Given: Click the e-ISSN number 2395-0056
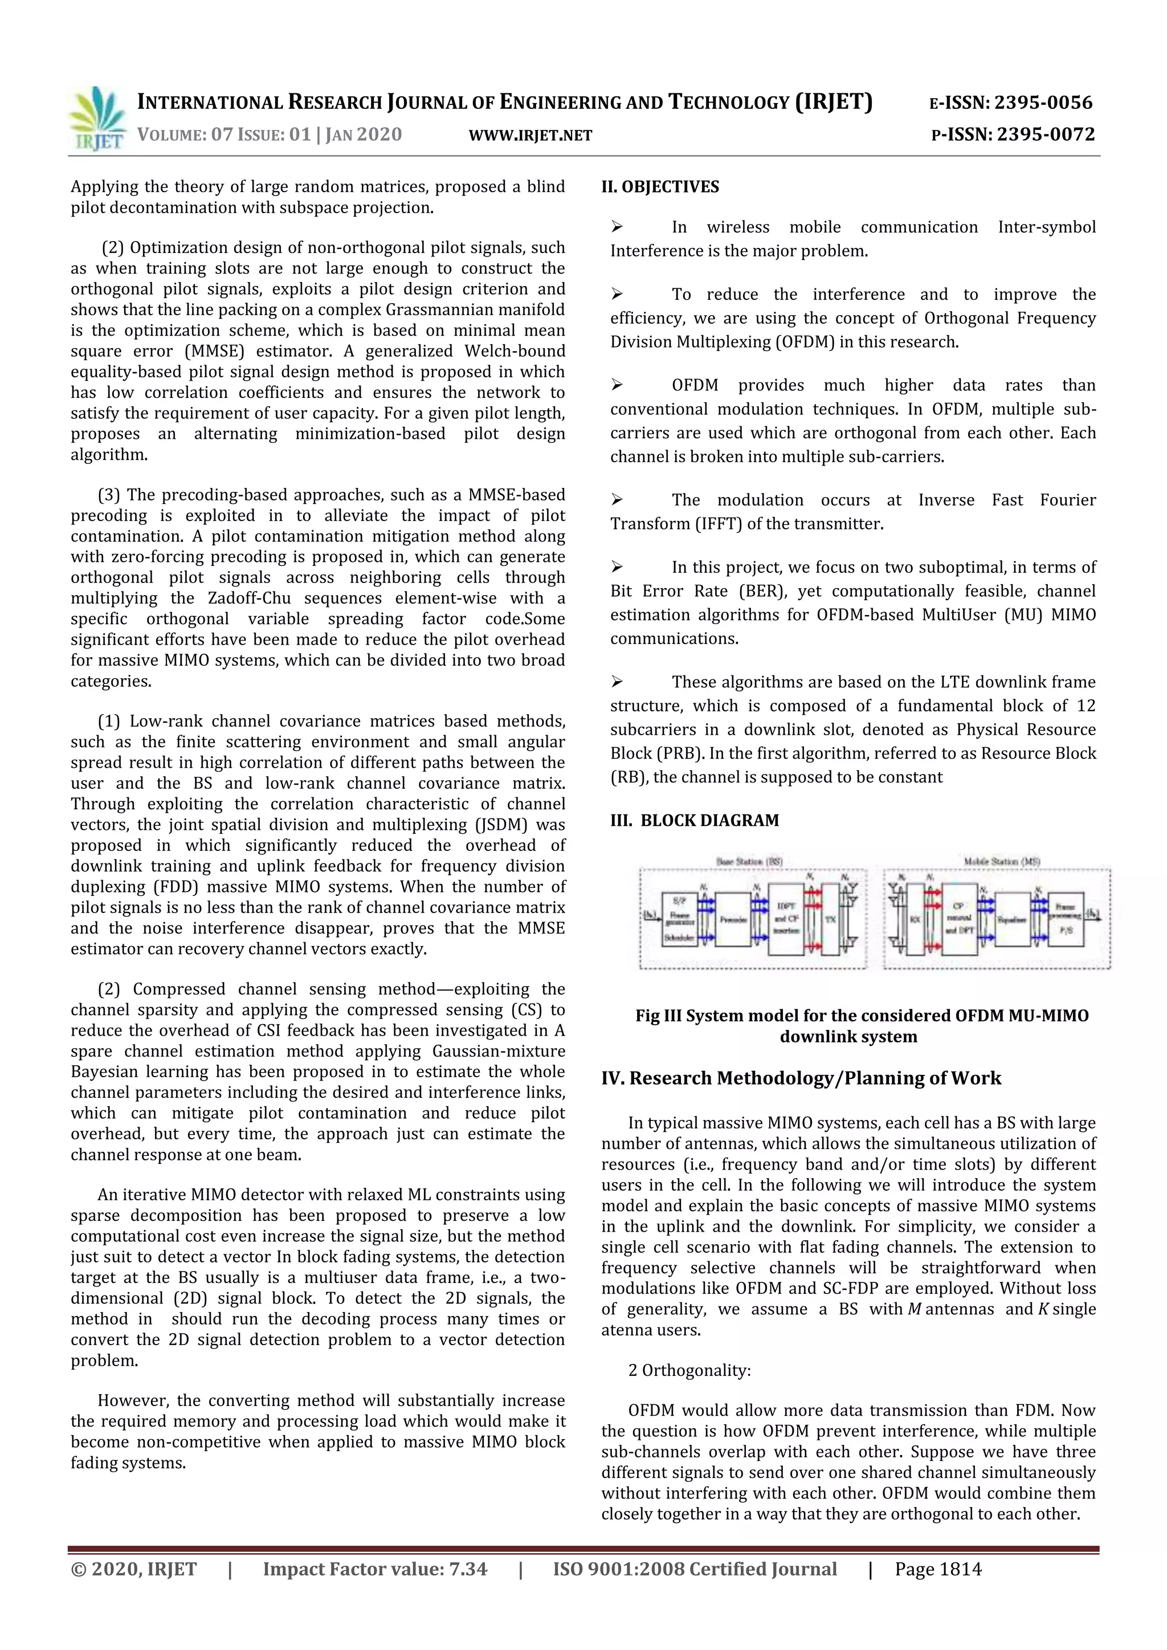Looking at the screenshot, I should coord(1044,103).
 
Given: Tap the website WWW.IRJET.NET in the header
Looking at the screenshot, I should coord(531,135).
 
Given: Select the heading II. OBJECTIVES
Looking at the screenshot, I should coord(660,187).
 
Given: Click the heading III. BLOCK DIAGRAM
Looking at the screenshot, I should coord(694,821).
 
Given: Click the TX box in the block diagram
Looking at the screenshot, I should coord(830,919).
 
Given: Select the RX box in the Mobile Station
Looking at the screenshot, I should coord(915,919).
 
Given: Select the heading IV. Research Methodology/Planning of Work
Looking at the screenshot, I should coord(801,1078).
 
